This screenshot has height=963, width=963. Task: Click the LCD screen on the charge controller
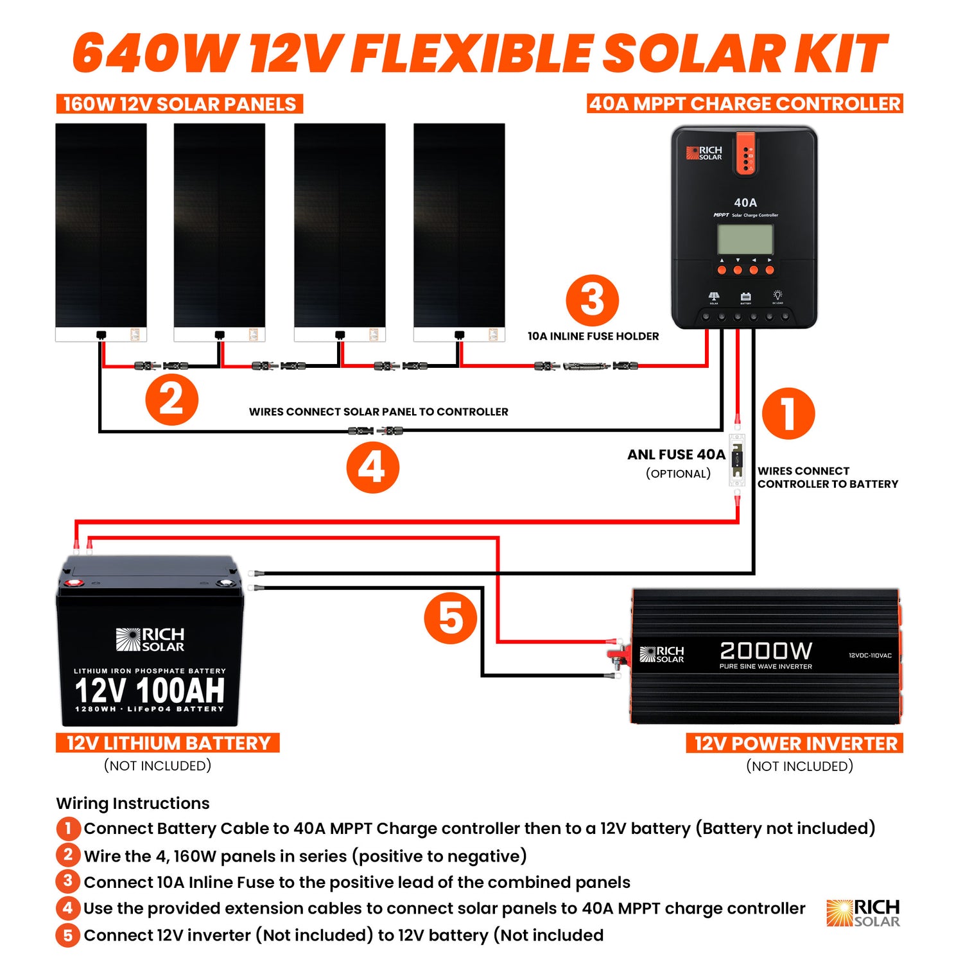(x=745, y=239)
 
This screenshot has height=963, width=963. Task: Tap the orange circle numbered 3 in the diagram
(x=592, y=300)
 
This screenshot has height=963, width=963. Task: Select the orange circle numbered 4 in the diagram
(x=372, y=467)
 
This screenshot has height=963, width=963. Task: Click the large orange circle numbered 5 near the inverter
(x=451, y=618)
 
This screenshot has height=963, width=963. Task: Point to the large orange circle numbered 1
(x=788, y=413)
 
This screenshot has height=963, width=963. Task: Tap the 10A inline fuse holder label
(x=593, y=336)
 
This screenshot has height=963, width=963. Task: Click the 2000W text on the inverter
(x=765, y=650)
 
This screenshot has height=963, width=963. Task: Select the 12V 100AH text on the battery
(x=150, y=690)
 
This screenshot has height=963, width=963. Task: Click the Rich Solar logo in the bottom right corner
(x=863, y=913)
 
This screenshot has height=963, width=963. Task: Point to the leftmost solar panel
(x=101, y=231)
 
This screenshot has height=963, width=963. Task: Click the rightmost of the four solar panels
(x=459, y=231)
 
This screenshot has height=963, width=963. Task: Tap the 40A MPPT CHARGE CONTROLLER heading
(x=745, y=103)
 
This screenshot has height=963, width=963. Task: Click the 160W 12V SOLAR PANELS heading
(x=179, y=104)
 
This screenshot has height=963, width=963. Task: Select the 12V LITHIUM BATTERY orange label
(x=168, y=743)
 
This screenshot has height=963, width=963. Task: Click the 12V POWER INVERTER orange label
(x=795, y=743)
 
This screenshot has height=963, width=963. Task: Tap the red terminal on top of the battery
(x=72, y=583)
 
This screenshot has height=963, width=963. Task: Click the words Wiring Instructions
(x=133, y=803)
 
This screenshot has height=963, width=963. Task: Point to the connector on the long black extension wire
(x=375, y=431)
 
